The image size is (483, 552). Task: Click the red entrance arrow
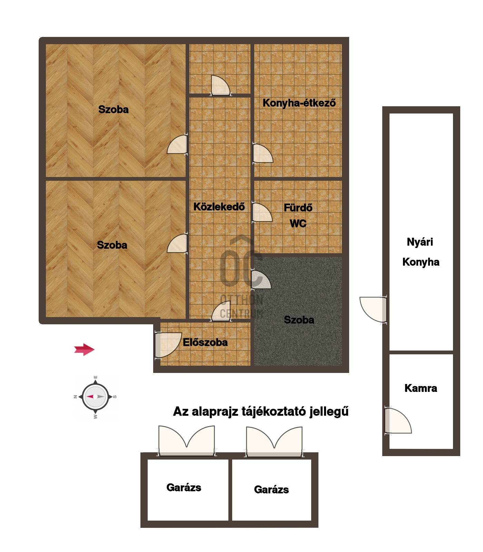click(84, 349)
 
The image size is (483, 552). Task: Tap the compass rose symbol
click(96, 397)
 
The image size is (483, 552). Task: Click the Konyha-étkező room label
click(299, 103)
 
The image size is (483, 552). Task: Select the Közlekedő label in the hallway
click(219, 207)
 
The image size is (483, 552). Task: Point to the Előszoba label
click(205, 342)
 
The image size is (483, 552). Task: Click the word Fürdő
click(298, 208)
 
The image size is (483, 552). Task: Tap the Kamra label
click(421, 388)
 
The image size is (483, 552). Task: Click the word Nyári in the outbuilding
click(420, 242)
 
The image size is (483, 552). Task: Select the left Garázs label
click(184, 487)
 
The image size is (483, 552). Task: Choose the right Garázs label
click(271, 490)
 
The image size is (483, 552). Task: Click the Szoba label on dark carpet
click(299, 320)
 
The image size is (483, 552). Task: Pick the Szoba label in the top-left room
click(113, 109)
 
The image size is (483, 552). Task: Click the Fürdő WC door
click(262, 213)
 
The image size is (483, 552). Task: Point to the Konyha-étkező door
click(263, 153)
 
